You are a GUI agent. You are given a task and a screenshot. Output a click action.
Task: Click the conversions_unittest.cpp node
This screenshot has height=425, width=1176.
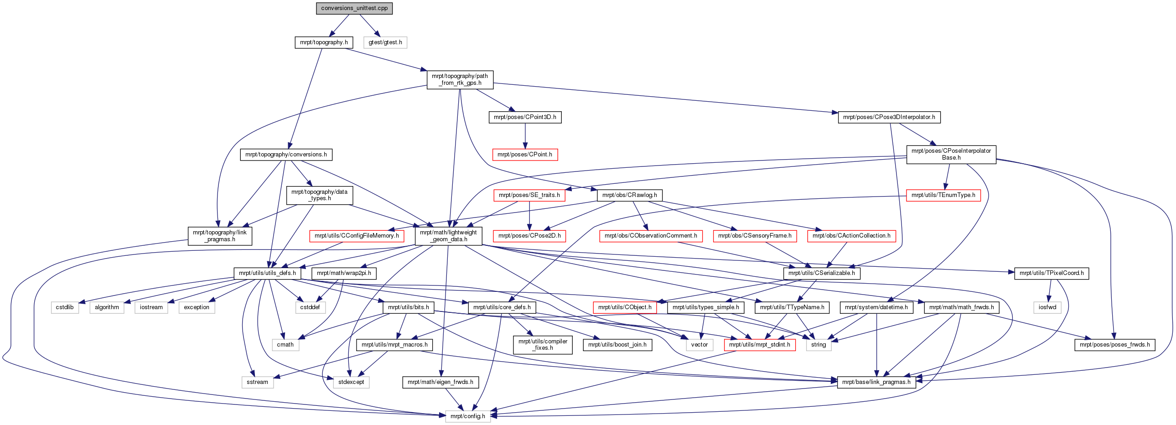(x=354, y=8)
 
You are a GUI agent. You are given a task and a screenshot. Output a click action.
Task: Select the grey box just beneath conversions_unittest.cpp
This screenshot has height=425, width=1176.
(x=385, y=42)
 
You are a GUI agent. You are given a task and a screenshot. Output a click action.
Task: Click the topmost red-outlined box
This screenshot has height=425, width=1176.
(x=525, y=155)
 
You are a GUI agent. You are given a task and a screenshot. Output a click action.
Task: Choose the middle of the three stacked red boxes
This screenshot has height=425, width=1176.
(x=529, y=195)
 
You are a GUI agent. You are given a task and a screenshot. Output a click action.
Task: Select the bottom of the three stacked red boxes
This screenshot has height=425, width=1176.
(x=529, y=236)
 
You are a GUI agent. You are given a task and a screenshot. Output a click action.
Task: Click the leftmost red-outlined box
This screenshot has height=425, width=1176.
(x=357, y=236)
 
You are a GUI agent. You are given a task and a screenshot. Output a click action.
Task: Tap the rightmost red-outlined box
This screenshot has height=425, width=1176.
(x=943, y=195)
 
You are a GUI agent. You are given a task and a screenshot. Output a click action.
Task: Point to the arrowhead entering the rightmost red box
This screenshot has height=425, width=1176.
(x=945, y=186)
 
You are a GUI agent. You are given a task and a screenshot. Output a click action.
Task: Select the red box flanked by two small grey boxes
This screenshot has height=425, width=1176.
(x=760, y=345)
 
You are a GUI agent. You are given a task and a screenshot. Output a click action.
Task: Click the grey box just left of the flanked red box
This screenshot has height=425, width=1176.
(x=699, y=345)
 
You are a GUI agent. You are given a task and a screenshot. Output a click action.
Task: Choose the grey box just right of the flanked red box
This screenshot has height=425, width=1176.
(x=819, y=345)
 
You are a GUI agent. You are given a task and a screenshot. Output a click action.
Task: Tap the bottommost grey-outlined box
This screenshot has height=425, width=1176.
(x=468, y=416)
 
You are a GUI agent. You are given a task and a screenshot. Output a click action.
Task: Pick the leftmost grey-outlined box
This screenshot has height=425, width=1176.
(x=65, y=308)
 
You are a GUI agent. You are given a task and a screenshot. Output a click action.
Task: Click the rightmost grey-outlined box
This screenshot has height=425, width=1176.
(x=1047, y=308)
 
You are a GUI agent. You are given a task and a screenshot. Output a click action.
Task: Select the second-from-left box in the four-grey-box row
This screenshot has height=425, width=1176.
(x=107, y=308)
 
